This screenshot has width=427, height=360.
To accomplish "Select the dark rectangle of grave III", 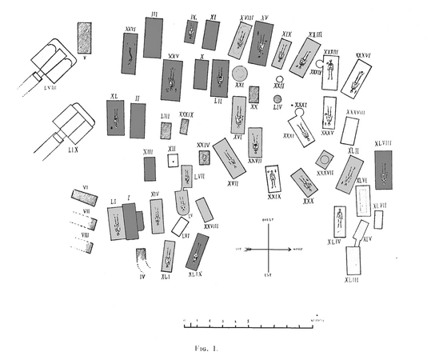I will pyautogui.click(x=154, y=37).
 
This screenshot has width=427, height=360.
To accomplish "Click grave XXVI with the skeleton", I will pyautogui.click(x=130, y=54).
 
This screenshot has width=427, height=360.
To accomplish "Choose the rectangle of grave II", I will pyautogui.click(x=138, y=120).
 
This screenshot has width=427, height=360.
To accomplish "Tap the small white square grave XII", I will pyautogui.click(x=171, y=161).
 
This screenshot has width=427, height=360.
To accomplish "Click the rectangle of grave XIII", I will pyautogui.click(x=150, y=168).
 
